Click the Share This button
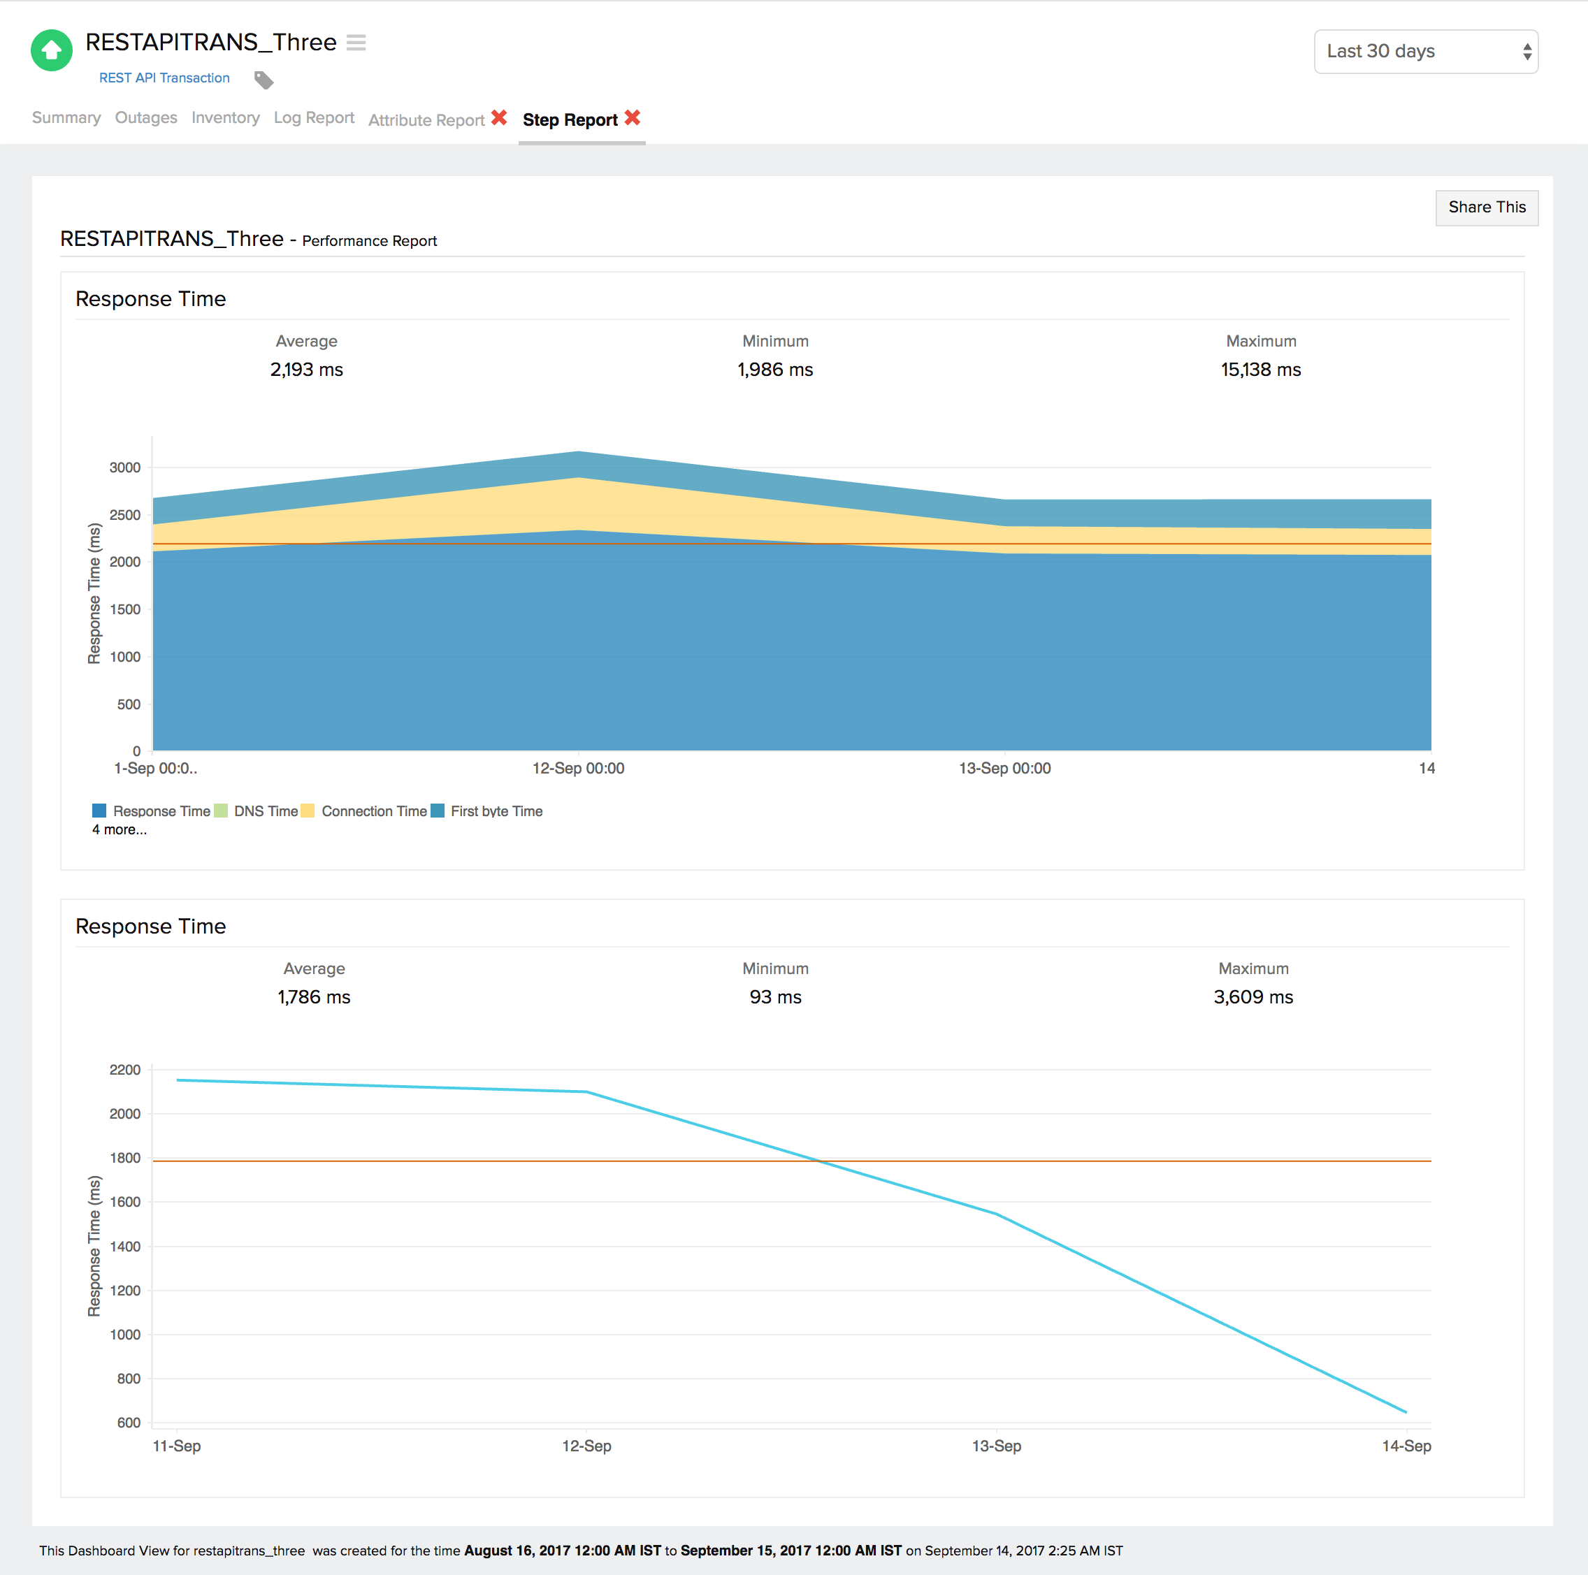pyautogui.click(x=1485, y=207)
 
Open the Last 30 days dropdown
pyautogui.click(x=1424, y=52)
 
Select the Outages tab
pyautogui.click(x=145, y=117)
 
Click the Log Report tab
pyautogui.click(x=313, y=117)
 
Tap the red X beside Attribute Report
pyautogui.click(x=499, y=117)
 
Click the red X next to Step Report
pyautogui.click(x=631, y=117)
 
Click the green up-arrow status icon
pyautogui.click(x=51, y=51)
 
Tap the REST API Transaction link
pyautogui.click(x=164, y=78)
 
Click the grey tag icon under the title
pyautogui.click(x=263, y=80)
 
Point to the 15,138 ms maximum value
pyautogui.click(x=1259, y=370)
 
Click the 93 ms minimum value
pyautogui.click(x=774, y=996)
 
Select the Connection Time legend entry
pyautogui.click(x=373, y=811)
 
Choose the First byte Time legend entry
pyautogui.click(x=496, y=811)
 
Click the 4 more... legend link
pyautogui.click(x=120, y=830)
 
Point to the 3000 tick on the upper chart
pyautogui.click(x=125, y=467)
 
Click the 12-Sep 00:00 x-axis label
pyautogui.click(x=578, y=768)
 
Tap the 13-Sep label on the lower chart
pyautogui.click(x=995, y=1446)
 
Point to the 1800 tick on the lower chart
pyautogui.click(x=125, y=1158)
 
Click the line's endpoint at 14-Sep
pyautogui.click(x=1406, y=1412)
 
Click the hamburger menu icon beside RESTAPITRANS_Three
pyautogui.click(x=356, y=42)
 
